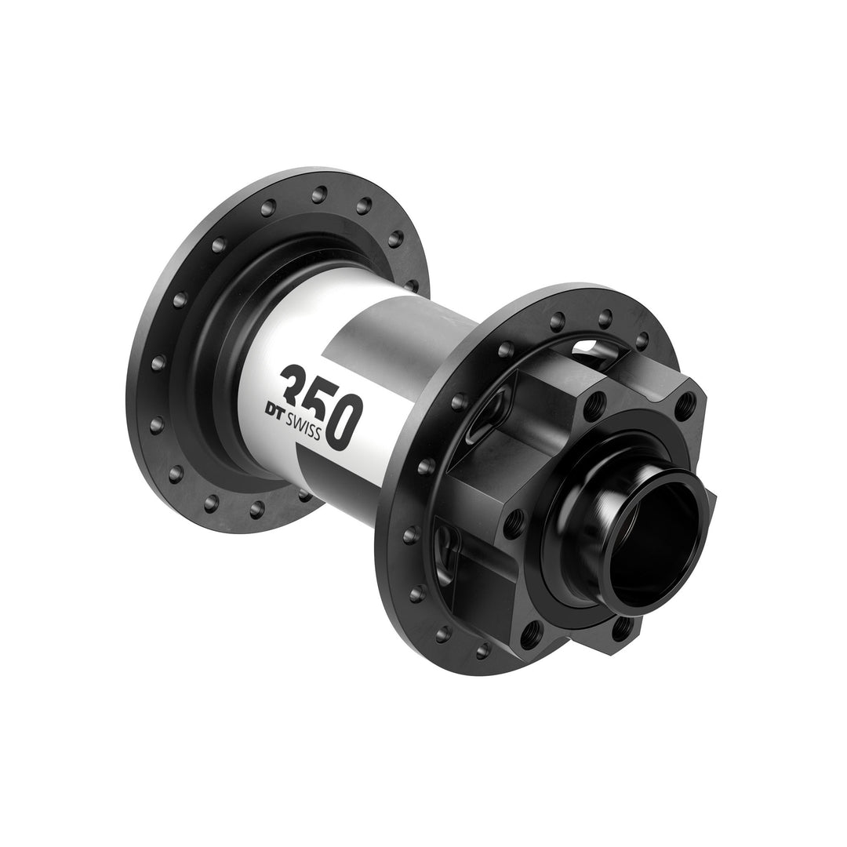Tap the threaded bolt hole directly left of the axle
[x=514, y=522]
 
